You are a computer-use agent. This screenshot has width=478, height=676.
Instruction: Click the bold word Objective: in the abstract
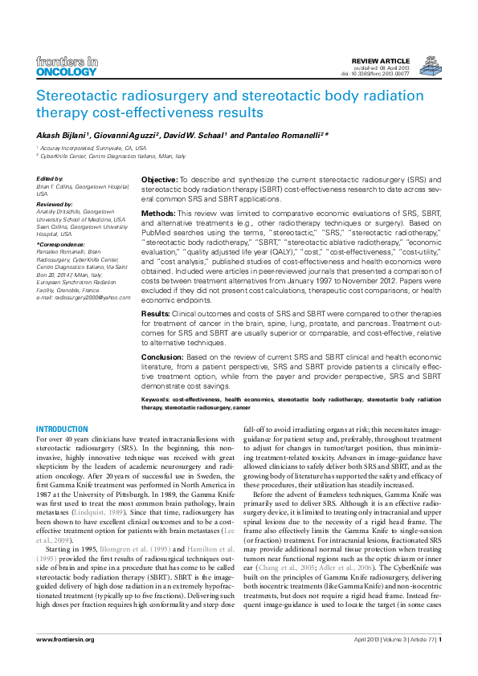[x=159, y=179]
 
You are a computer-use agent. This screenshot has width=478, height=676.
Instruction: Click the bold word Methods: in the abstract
[x=157, y=213]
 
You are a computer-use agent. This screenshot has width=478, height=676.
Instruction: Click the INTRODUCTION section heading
[x=63, y=430]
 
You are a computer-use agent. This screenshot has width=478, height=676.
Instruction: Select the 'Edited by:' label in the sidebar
[x=50, y=178]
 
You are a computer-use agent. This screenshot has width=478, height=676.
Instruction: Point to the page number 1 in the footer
[x=439, y=662]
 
